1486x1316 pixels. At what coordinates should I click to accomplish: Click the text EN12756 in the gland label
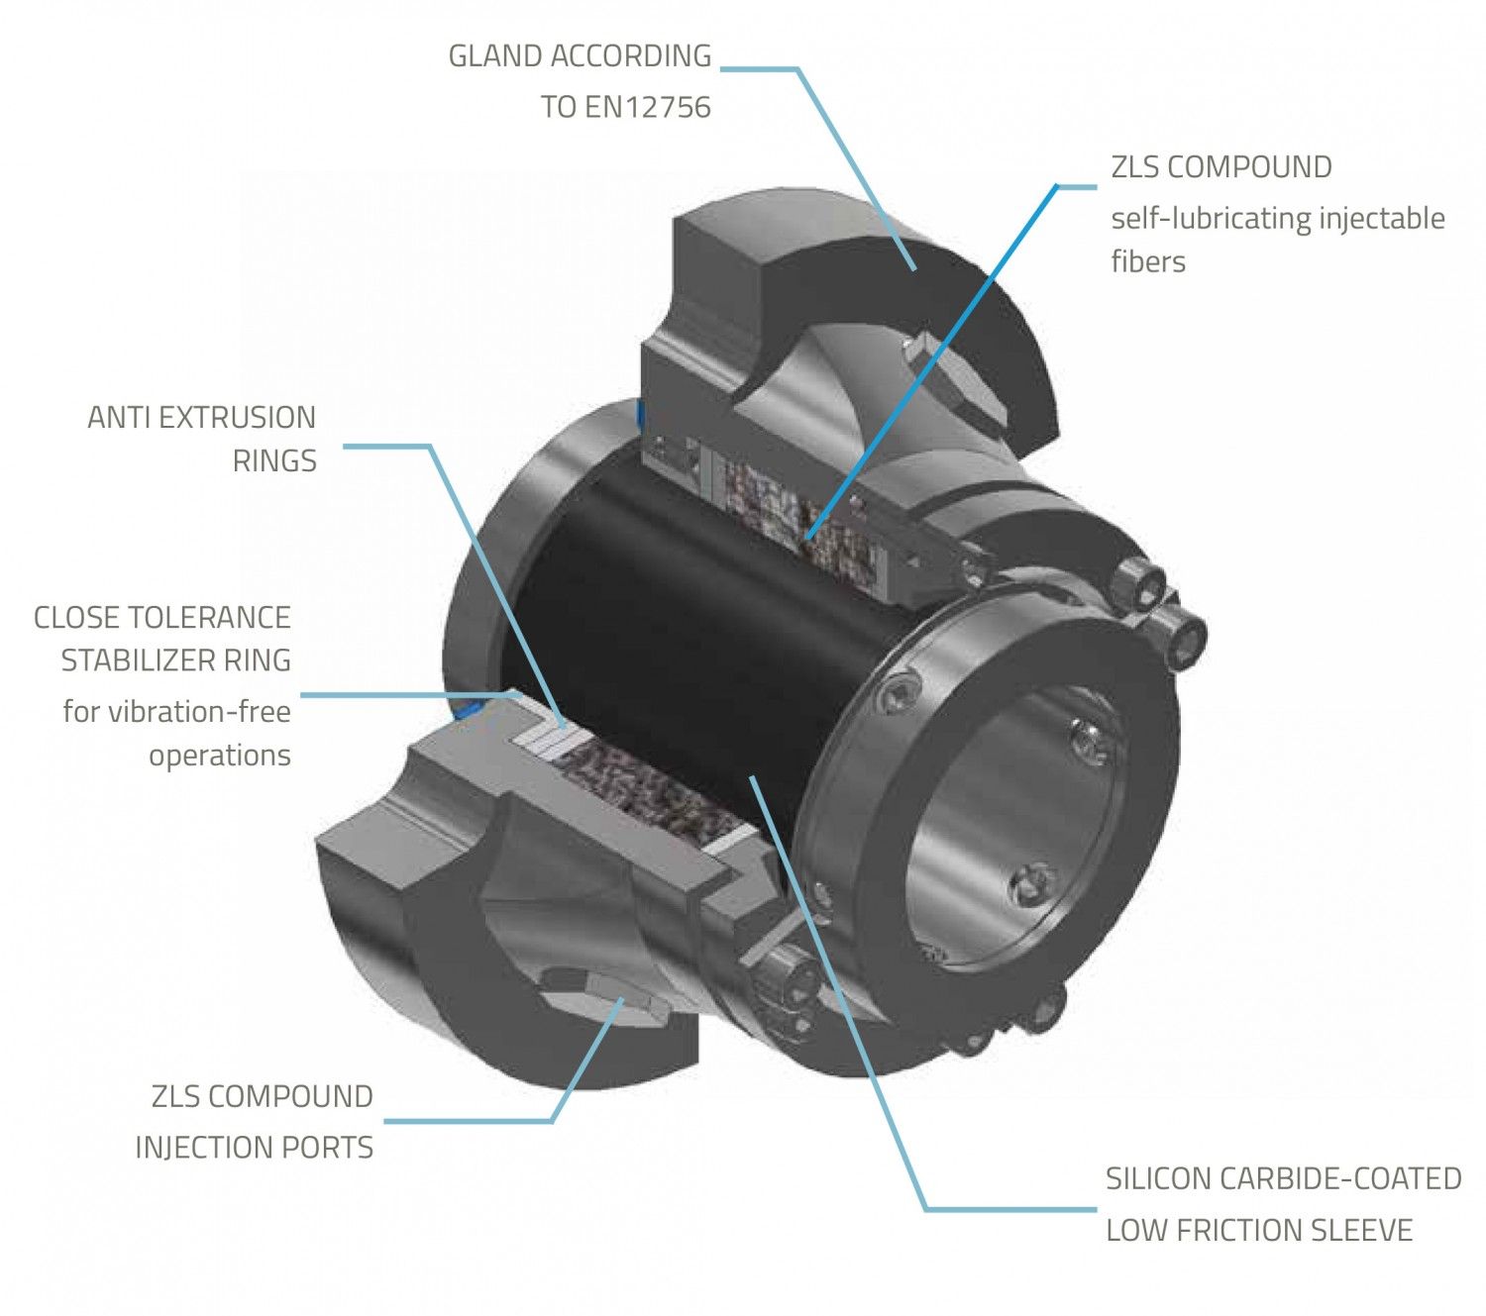pyautogui.click(x=648, y=107)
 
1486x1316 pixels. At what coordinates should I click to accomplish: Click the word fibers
pyautogui.click(x=1147, y=261)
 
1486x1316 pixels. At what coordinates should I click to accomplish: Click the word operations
pyautogui.click(x=220, y=756)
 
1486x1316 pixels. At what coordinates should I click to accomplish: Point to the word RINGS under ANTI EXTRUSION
pyautogui.click(x=274, y=461)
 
